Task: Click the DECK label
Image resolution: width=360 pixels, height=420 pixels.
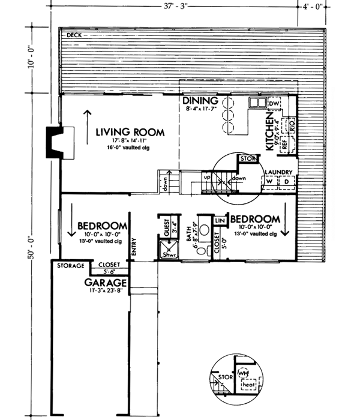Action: click(x=74, y=35)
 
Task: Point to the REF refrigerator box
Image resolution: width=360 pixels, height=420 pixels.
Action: click(x=280, y=144)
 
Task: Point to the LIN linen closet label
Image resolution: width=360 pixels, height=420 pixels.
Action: click(x=219, y=221)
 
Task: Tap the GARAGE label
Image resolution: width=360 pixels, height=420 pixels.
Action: click(x=105, y=282)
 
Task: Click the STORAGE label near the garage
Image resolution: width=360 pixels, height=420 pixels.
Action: click(x=70, y=265)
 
